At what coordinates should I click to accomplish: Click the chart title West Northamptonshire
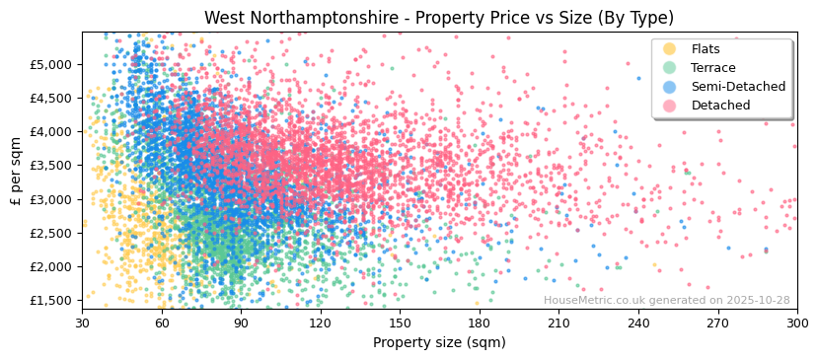point(439,18)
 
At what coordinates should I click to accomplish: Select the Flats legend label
point(706,49)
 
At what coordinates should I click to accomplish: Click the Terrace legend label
point(712,68)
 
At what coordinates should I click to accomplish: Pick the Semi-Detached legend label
point(738,87)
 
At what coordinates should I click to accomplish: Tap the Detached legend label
point(720,106)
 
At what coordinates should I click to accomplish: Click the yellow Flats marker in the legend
point(670,49)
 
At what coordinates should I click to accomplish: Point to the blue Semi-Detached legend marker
point(670,87)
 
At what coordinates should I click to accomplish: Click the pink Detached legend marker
point(670,106)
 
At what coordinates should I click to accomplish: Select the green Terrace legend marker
point(670,68)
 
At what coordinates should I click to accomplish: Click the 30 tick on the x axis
point(82,323)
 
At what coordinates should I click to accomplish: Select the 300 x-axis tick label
point(796,323)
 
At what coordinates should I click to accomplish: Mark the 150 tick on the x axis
point(400,323)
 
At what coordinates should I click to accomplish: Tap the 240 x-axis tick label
point(637,323)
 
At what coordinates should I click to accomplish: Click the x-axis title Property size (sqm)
point(439,342)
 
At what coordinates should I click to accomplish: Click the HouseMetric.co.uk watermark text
point(666,301)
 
